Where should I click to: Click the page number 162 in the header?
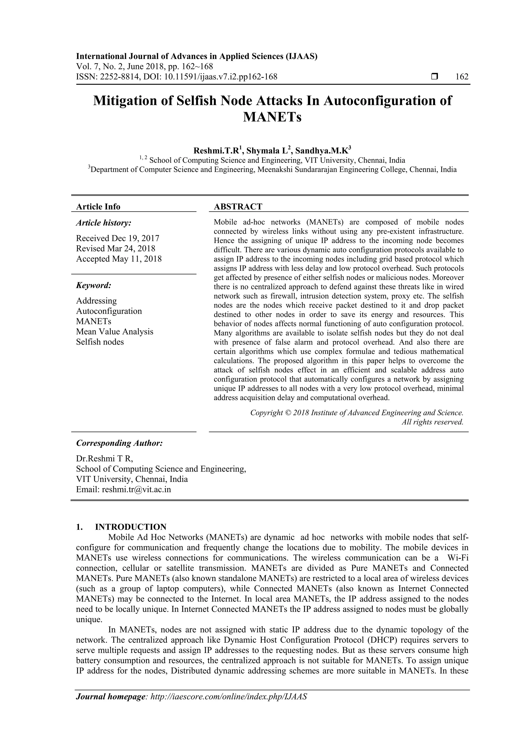462,77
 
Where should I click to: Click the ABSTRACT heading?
238,207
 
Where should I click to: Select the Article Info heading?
98,207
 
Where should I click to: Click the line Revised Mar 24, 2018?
116,249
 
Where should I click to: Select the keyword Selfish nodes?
100,342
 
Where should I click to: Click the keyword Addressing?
96,301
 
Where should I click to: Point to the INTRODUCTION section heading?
131,527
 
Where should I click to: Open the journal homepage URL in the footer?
228,706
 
